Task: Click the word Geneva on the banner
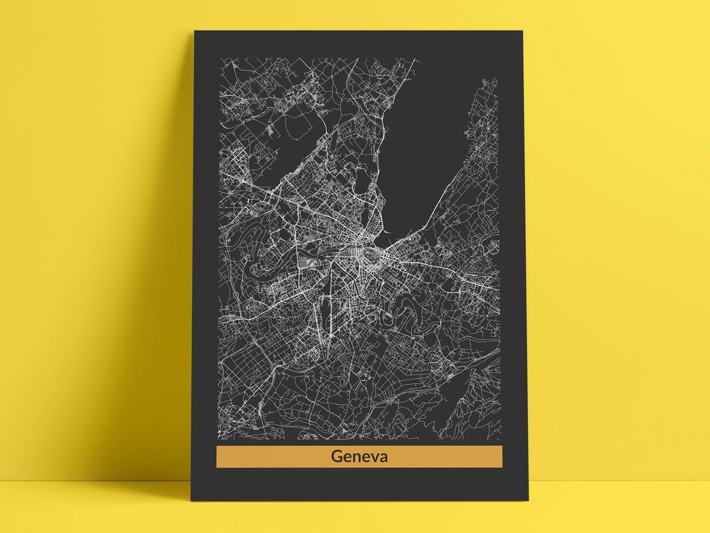click(x=359, y=456)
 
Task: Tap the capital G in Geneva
click(x=337, y=456)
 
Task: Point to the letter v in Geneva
click(x=371, y=457)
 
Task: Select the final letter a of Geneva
click(x=383, y=457)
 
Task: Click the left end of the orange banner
click(x=219, y=457)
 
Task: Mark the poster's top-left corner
click(x=195, y=31)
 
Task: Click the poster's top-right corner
click(x=522, y=31)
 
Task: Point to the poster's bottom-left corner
click(x=191, y=499)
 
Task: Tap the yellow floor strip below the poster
click(x=355, y=517)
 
